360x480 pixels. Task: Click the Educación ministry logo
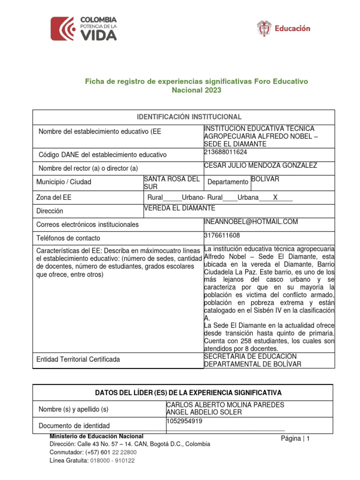pos(284,29)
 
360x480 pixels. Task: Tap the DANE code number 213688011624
pos(226,152)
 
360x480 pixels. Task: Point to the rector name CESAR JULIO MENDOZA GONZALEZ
pos(261,165)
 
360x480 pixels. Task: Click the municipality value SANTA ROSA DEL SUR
pos(171,183)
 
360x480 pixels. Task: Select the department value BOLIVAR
pos(265,179)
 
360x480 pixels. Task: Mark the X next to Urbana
pos(276,198)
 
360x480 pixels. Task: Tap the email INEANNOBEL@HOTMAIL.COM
pos(251,222)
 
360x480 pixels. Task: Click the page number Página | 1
pos(295,439)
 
